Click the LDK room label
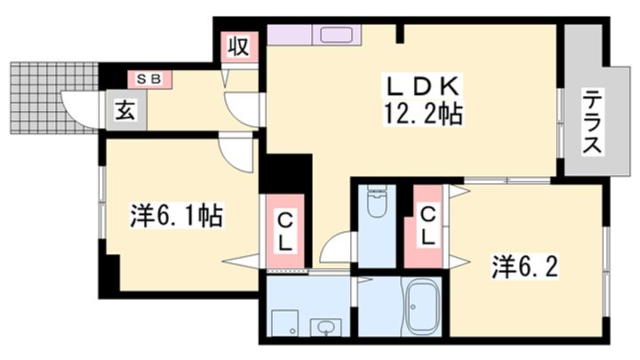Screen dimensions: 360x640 tap(421, 87)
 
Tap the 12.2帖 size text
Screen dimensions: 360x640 tap(421, 114)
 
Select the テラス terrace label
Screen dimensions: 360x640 tap(593, 122)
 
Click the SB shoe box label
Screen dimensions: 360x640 tap(148, 79)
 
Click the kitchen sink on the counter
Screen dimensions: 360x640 tap(335, 36)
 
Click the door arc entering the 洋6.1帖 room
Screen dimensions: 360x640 tap(237, 153)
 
